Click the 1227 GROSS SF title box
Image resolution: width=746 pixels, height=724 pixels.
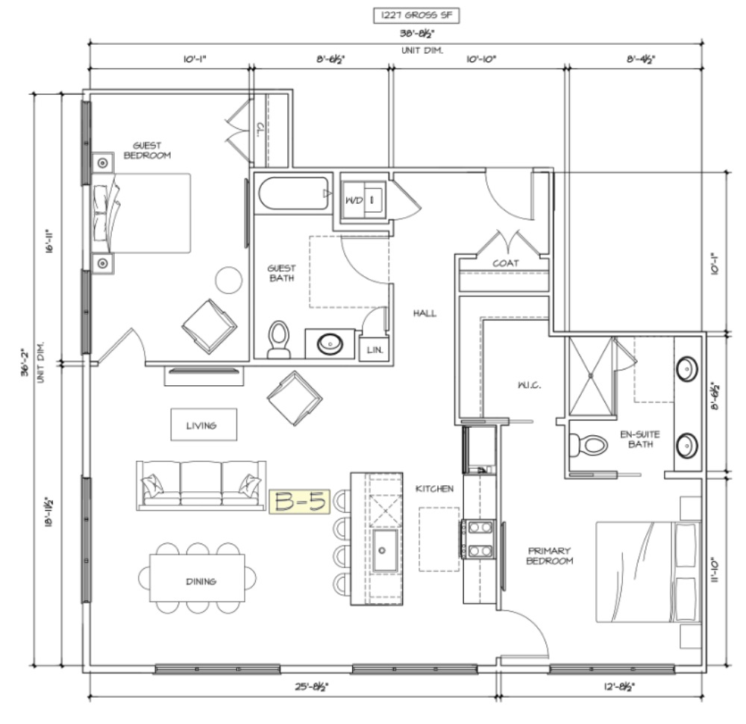pos(416,15)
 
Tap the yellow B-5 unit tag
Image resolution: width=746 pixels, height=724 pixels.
pos(300,502)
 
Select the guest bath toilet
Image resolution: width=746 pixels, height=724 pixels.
pos(279,339)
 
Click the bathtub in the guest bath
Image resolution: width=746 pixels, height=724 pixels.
pos(293,193)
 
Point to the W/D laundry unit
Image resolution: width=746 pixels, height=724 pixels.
pos(363,200)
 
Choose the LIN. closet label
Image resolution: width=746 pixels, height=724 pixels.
pos(375,350)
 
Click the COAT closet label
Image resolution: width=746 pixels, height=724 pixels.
pos(505,263)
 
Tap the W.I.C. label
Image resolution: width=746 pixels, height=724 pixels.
pos(529,384)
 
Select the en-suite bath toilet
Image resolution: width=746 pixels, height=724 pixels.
pos(589,445)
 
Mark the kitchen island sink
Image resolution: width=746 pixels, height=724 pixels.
pos(385,550)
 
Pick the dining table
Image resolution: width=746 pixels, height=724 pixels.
pos(198,578)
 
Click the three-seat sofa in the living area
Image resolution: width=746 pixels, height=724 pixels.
pos(201,485)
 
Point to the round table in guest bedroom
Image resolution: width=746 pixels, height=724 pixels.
pos(229,280)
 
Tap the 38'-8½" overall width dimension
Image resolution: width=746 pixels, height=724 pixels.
pos(417,34)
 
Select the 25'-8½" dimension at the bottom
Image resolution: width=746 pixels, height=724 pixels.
pos(312,687)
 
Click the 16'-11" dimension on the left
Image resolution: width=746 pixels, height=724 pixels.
pos(49,241)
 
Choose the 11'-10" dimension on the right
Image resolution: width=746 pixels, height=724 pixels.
pos(715,570)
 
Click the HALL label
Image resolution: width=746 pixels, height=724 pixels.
pos(424,313)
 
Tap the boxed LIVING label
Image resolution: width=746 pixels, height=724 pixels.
pos(204,425)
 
